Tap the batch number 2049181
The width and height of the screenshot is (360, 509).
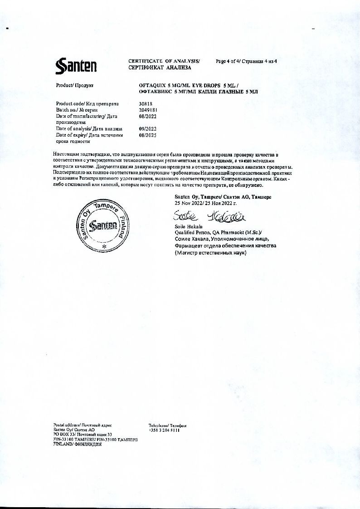(x=148, y=110)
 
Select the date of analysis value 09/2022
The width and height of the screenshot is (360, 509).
(x=147, y=129)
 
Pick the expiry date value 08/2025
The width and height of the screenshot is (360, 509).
(x=147, y=135)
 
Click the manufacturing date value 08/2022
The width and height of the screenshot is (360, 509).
(x=147, y=116)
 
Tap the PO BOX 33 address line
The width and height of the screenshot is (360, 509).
(x=83, y=435)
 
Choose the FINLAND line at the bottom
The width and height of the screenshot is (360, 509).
(x=77, y=445)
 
